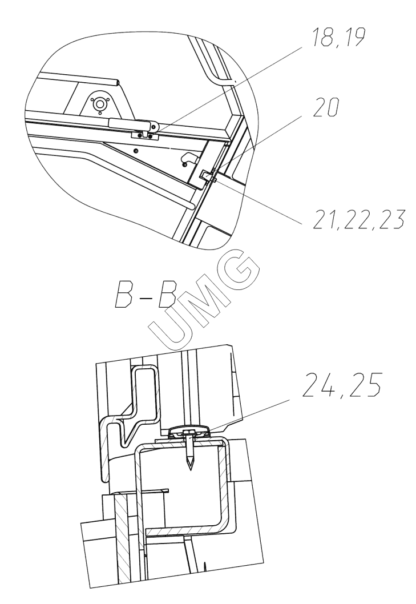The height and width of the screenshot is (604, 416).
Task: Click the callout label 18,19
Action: pyautogui.click(x=337, y=37)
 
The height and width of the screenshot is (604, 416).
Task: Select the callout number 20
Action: pyautogui.click(x=326, y=107)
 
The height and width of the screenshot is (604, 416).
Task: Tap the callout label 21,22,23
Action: pyautogui.click(x=358, y=220)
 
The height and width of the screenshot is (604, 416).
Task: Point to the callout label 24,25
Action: pyautogui.click(x=341, y=385)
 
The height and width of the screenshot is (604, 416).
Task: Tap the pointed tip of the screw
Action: pyautogui.click(x=189, y=469)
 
